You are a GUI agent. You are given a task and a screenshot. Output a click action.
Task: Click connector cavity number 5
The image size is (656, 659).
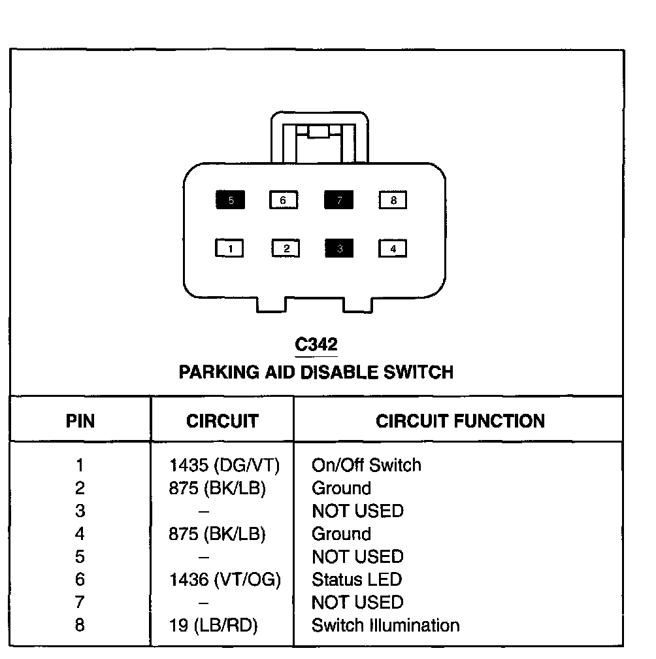(231, 201)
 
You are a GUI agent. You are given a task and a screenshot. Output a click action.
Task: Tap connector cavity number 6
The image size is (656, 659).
(283, 201)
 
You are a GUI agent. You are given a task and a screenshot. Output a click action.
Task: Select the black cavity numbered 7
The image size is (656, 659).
(338, 201)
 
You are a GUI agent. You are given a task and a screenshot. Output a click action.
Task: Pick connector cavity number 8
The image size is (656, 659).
(393, 201)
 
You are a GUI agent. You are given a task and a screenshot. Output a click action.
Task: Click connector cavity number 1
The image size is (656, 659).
(230, 249)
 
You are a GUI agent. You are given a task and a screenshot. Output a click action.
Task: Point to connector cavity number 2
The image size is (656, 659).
(286, 249)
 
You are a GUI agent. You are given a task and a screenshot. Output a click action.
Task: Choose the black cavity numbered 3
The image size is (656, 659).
(338, 249)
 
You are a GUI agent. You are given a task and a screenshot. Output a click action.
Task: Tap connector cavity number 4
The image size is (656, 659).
(393, 249)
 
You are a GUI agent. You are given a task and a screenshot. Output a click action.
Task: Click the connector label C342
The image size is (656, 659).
(316, 345)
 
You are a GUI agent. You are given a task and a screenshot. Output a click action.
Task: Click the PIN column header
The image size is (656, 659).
(80, 421)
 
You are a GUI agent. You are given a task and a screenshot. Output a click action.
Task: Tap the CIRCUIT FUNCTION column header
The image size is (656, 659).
(460, 421)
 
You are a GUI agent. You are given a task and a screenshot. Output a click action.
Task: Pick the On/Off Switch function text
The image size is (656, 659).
(367, 465)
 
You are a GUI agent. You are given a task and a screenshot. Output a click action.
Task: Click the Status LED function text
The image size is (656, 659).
(356, 580)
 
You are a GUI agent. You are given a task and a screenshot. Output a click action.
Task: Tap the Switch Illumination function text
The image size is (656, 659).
(385, 626)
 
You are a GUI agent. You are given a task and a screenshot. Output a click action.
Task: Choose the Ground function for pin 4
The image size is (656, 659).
(341, 534)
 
